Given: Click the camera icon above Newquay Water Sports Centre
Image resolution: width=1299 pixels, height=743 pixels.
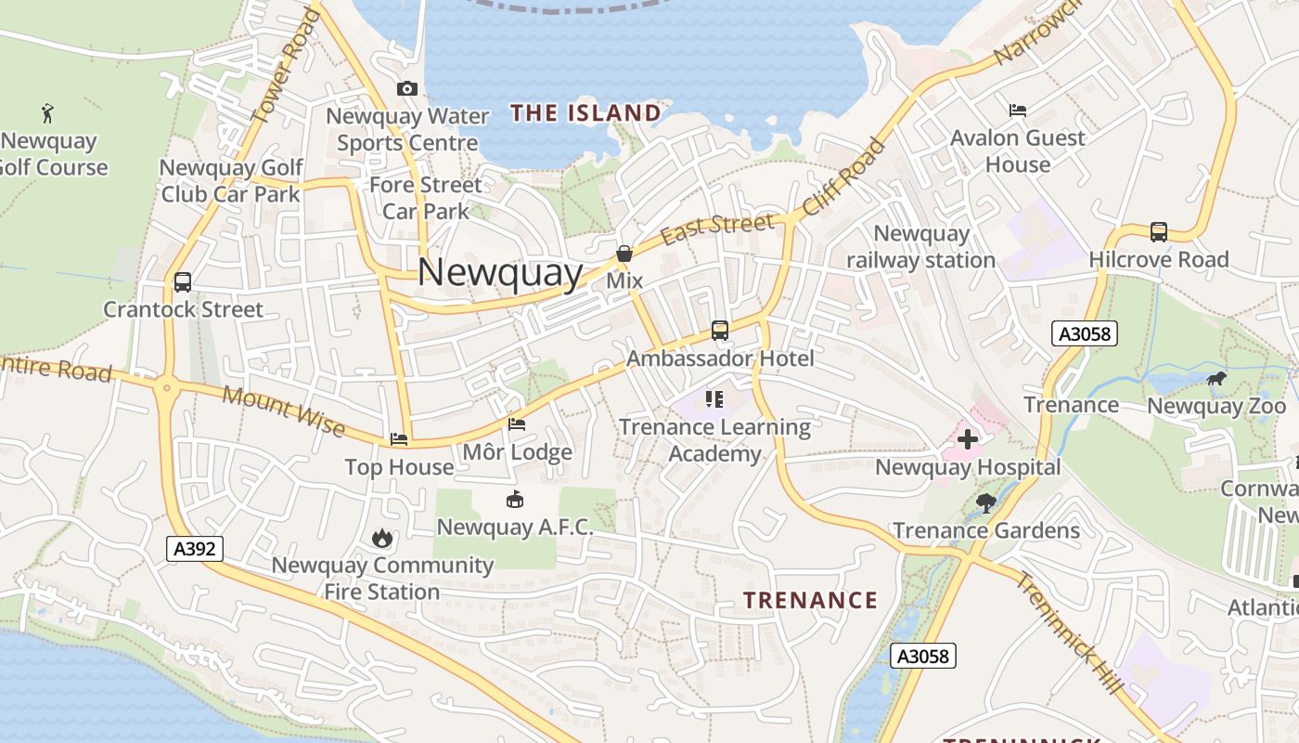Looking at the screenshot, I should click(406, 89).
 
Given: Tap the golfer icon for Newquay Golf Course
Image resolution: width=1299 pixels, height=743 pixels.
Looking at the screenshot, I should click(47, 113).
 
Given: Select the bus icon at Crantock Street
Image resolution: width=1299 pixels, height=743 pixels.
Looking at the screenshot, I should click(183, 282).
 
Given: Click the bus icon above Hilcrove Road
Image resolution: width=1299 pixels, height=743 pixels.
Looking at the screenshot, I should click(1158, 232).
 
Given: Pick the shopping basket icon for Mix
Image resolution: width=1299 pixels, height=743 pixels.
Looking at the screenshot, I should click(624, 254).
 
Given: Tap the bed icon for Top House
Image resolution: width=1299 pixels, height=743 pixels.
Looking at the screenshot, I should click(399, 438).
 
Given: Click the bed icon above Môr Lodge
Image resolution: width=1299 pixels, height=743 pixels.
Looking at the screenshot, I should click(517, 424).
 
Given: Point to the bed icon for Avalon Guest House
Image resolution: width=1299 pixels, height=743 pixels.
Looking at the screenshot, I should click(1018, 111).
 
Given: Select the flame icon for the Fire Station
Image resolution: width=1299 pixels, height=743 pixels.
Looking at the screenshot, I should click(381, 538).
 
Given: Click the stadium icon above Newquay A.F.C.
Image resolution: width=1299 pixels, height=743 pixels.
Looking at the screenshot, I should click(514, 500).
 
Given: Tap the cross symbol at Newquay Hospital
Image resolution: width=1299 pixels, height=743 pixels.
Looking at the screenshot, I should click(968, 439).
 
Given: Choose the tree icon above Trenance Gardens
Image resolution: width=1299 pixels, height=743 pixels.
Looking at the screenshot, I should click(985, 503).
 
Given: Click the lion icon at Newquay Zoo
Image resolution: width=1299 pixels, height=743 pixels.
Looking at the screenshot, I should click(1215, 378).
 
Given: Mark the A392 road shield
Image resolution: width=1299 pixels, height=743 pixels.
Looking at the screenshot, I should click(196, 549).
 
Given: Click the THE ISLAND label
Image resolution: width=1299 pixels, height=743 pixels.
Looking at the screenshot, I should click(585, 113).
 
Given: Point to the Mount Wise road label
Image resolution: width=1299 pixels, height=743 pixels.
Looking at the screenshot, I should click(284, 411).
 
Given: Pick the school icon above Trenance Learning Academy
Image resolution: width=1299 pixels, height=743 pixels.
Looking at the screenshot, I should click(714, 399).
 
